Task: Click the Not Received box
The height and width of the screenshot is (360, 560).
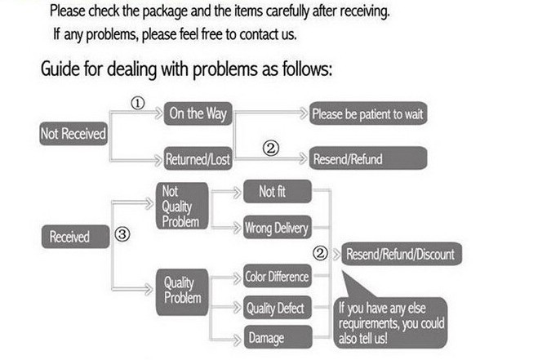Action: click(x=73, y=133)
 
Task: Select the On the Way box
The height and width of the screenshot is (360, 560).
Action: click(x=197, y=114)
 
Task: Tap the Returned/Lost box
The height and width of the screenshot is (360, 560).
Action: click(x=198, y=159)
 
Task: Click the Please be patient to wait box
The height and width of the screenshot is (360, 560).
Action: click(x=367, y=114)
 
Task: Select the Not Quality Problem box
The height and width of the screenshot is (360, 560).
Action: click(x=180, y=207)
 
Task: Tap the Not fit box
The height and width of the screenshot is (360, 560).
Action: click(x=278, y=192)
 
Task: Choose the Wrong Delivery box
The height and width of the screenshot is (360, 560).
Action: click(x=277, y=229)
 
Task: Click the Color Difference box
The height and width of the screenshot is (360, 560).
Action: click(x=277, y=277)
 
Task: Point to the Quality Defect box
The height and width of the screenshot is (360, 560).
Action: click(x=277, y=308)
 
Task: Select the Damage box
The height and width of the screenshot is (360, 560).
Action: click(x=277, y=337)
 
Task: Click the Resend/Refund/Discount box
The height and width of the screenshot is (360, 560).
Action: click(x=399, y=254)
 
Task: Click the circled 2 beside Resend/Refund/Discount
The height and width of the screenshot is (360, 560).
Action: click(x=322, y=254)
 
